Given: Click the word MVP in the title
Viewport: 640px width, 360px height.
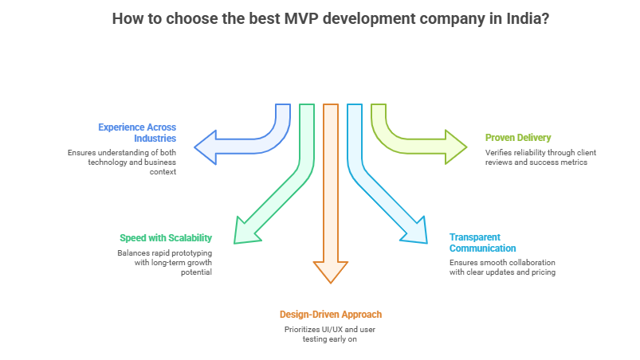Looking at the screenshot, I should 300,18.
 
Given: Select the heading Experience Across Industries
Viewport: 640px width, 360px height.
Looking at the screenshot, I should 137,132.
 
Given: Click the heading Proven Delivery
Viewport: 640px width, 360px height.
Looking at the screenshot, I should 517,138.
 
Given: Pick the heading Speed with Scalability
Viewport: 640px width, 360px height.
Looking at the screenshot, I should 166,238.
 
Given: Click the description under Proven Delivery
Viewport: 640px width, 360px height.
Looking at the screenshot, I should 540,157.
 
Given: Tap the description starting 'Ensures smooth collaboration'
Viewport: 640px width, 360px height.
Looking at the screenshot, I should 501,267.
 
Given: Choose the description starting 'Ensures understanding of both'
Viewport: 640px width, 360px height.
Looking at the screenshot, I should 122,161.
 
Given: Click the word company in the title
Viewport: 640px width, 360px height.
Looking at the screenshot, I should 451,18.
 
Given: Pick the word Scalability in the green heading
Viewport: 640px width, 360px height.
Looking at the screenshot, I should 190,238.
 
